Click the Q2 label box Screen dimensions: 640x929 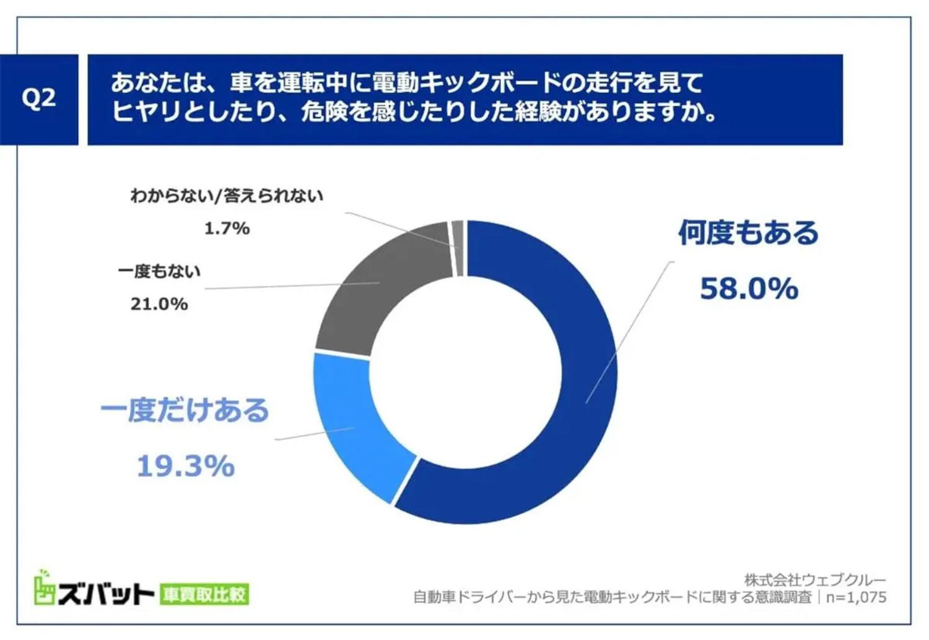pos(38,99)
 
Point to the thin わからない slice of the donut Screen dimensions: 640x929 pos(458,248)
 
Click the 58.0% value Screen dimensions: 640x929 pos(749,289)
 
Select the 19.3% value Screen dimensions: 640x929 pos(185,466)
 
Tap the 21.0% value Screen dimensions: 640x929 pos(159,304)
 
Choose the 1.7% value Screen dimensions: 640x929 pos(227,228)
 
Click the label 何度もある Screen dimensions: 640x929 pos(748,233)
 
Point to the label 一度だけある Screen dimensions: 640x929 pos(185,410)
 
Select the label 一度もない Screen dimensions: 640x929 pos(159,271)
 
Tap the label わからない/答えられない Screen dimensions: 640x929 pos(226,196)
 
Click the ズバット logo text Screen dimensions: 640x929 pos(105,594)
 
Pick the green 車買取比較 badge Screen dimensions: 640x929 pos(204,594)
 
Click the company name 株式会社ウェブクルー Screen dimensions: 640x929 pos(815,580)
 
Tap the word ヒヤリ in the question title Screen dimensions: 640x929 pos(146,112)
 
